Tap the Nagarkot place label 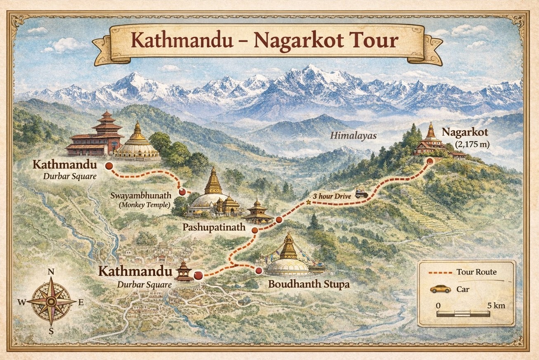[465, 132]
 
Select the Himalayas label [353, 135]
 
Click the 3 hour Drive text [332, 196]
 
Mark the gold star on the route [308, 202]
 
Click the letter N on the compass [51, 271]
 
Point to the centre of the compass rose [51, 302]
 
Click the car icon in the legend [440, 289]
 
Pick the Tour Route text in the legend [476, 272]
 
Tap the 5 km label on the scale [496, 306]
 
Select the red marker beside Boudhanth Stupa [259, 271]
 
